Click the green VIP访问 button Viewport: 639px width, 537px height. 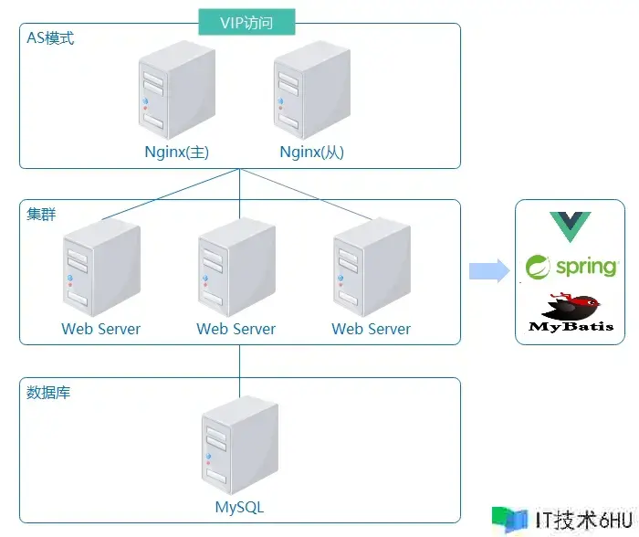coord(247,22)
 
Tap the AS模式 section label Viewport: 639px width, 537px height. coord(51,40)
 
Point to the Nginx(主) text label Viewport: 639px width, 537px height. coord(177,153)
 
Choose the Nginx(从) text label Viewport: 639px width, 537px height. coord(312,153)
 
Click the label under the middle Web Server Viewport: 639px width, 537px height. coord(236,329)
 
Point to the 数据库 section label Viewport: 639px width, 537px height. coord(49,393)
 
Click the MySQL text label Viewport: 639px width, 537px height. coord(240,507)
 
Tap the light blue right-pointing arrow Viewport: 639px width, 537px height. coord(488,270)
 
